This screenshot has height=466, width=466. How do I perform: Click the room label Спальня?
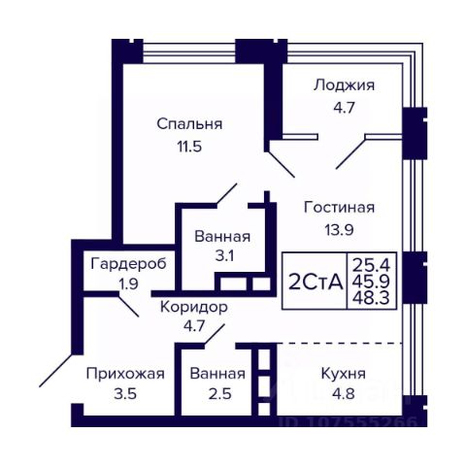coord(189,124)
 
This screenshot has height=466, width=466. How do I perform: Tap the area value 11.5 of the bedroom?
coord(189,147)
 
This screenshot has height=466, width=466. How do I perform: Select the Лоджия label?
coord(344,85)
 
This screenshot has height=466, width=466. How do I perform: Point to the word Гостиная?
coord(339,208)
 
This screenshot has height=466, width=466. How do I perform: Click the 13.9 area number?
coord(339,230)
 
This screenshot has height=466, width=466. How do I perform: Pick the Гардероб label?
coord(128,263)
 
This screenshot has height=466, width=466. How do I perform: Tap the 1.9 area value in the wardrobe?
coord(128,284)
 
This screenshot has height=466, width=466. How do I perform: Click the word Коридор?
coord(194,307)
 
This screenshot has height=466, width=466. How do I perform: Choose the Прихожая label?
coord(125,374)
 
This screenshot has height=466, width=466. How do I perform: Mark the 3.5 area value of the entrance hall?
coord(125,394)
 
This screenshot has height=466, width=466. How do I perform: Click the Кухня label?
coord(344,374)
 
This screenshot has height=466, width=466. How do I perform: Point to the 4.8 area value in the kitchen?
coord(343,394)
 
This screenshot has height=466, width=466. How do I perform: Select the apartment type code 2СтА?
coord(316,283)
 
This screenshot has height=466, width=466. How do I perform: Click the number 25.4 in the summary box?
coord(371,266)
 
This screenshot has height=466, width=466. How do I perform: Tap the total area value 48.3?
coord(371,298)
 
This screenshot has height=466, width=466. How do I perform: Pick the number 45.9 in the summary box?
coord(371,282)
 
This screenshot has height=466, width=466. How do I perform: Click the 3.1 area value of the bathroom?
coord(224,256)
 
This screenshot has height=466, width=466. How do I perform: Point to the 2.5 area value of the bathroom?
coord(219,394)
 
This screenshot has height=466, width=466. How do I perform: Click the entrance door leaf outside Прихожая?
coord(55,371)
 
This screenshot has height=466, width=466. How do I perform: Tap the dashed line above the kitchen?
coord(340,343)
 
